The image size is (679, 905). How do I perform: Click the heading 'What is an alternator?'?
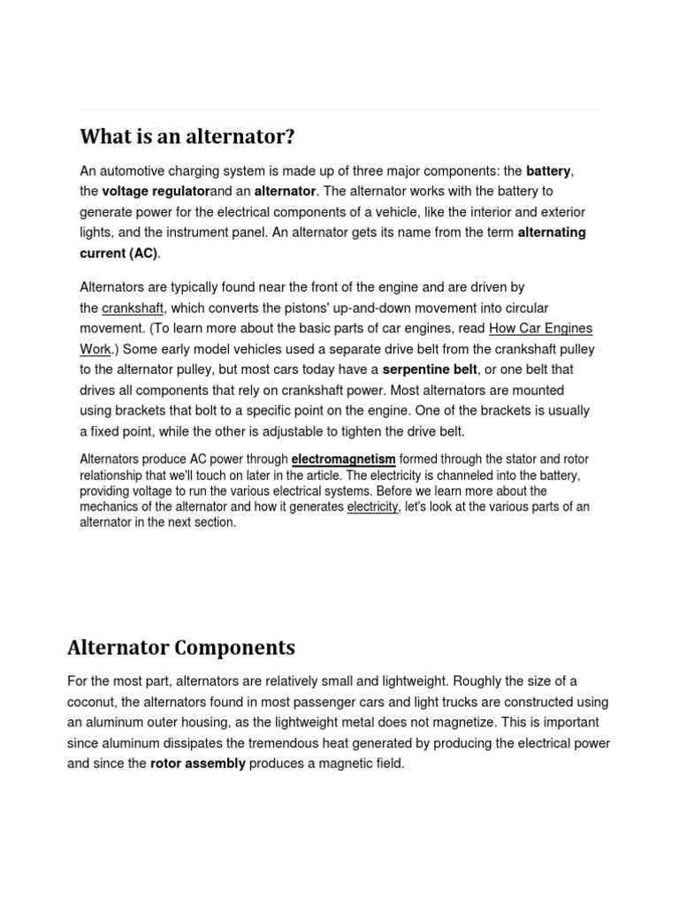[x=187, y=137]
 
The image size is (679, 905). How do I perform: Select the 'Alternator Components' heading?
[x=181, y=648]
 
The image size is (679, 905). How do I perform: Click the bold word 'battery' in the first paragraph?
[x=548, y=171]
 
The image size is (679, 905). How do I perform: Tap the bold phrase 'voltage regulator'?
[x=156, y=191]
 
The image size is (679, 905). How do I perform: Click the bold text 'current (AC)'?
[x=118, y=253]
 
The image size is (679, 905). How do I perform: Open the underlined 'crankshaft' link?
[x=133, y=308]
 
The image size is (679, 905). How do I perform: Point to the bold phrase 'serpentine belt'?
[x=429, y=369]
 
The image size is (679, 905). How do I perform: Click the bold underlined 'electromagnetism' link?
[x=343, y=460]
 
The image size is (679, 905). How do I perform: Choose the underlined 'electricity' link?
[x=372, y=507]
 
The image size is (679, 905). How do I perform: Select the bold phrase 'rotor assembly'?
[x=198, y=764]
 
